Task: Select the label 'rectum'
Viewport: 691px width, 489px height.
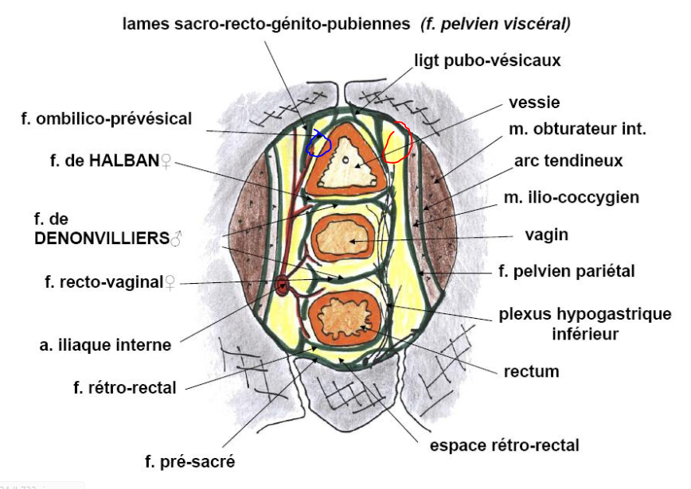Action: pos(532,371)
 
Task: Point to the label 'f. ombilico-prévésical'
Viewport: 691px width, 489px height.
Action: pos(107,119)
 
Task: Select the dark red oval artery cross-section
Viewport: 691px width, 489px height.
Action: pos(281,285)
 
